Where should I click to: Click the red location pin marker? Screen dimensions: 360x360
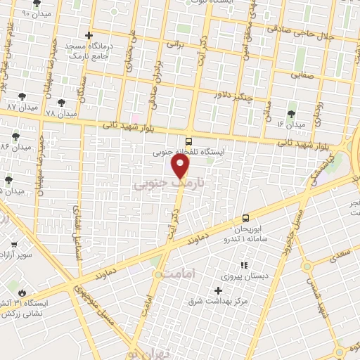[181, 167]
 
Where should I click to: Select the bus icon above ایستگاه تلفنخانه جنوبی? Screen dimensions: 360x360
[188, 141]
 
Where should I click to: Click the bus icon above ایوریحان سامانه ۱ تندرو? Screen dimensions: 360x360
[246, 218]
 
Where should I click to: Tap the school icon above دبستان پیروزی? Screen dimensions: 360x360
[244, 265]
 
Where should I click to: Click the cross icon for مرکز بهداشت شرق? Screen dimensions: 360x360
[218, 290]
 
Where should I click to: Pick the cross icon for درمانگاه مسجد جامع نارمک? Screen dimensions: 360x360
[88, 35]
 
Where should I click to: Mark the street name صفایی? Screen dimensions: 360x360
[302, 72]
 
